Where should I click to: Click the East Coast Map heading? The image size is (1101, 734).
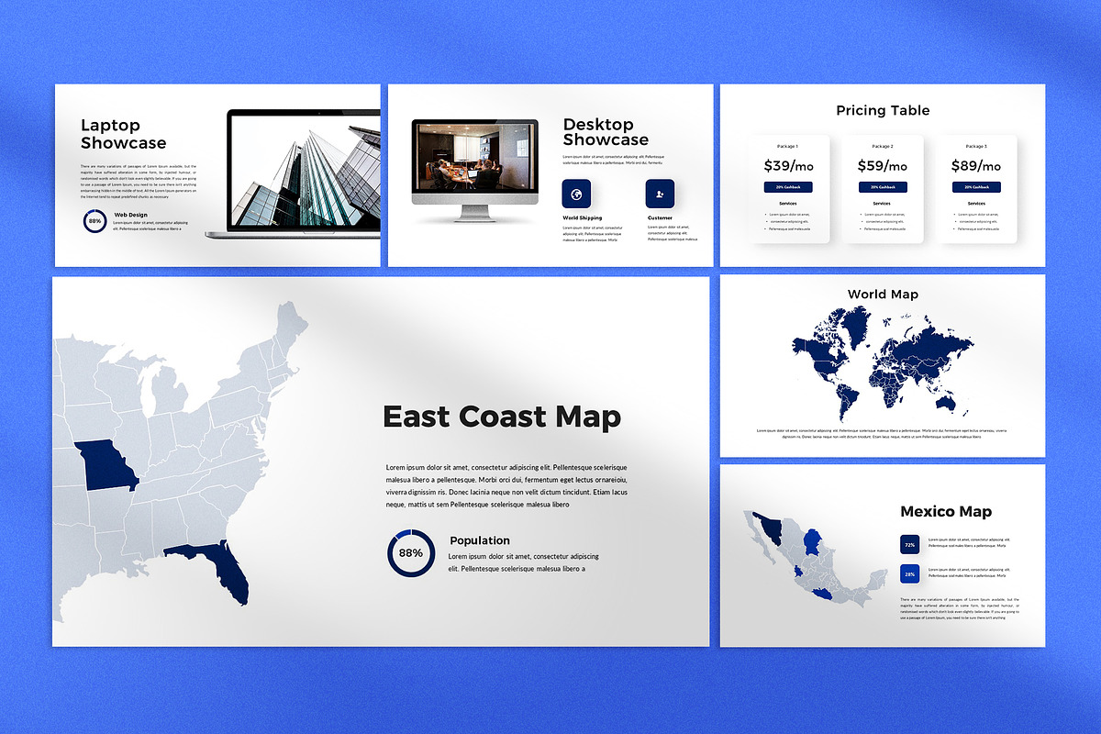click(x=501, y=417)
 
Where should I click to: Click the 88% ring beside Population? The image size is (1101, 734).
click(x=411, y=552)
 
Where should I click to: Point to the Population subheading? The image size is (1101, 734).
click(x=479, y=540)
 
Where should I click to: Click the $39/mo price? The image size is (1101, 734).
click(x=788, y=166)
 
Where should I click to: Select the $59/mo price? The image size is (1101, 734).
click(x=882, y=166)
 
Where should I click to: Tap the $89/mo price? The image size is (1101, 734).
click(x=976, y=166)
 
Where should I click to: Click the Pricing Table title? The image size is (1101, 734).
click(x=883, y=110)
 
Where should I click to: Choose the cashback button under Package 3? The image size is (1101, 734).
click(x=976, y=186)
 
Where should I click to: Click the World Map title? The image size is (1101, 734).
click(x=883, y=294)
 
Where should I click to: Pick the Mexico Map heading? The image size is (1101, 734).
click(x=945, y=511)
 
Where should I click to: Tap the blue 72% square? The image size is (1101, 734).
click(x=909, y=545)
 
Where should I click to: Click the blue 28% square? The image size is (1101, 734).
click(x=909, y=574)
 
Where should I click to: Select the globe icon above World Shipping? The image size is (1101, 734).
click(x=576, y=194)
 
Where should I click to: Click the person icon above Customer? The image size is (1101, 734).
click(x=660, y=194)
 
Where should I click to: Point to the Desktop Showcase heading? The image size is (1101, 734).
click(x=606, y=132)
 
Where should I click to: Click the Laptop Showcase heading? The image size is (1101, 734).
click(x=123, y=134)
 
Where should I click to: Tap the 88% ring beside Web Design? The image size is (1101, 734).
click(x=95, y=220)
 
